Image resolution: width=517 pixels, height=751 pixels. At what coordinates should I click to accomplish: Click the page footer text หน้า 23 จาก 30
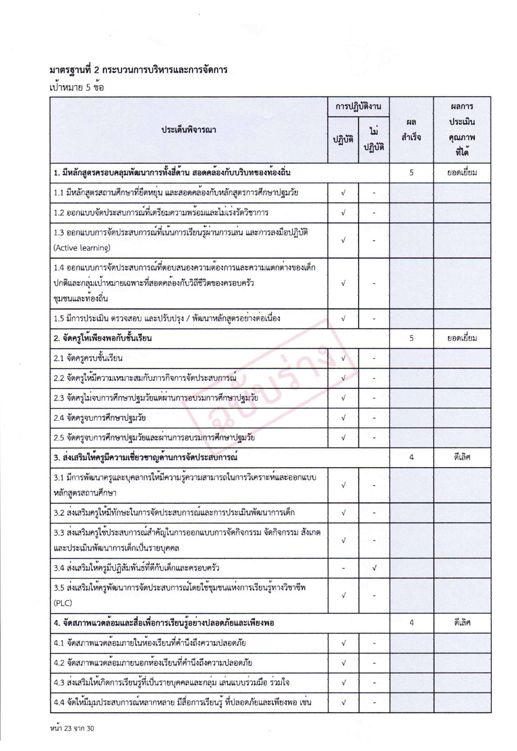coord(72,728)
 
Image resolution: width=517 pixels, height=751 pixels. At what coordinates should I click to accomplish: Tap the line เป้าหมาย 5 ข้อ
coord(77,87)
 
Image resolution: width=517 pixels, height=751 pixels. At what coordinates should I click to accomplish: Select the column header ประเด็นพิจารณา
coord(189,130)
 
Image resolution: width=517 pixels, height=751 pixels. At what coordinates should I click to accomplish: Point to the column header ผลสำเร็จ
coord(411,130)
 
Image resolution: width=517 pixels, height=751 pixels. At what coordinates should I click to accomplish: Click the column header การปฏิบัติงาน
coord(358,107)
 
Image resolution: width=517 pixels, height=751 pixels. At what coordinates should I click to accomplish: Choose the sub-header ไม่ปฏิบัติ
coord(374,139)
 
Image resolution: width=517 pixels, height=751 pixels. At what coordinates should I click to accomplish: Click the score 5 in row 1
coord(411,173)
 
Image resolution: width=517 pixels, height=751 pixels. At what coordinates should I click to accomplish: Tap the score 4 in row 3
coord(411,458)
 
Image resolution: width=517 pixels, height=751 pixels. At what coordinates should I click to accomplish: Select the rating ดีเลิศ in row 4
coord(462,623)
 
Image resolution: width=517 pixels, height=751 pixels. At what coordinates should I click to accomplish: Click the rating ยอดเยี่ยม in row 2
coord(462,338)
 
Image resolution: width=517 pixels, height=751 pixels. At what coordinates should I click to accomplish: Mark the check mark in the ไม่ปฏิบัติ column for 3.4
coord(374,568)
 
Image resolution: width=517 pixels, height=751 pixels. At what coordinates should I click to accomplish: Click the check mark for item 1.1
coord(343,192)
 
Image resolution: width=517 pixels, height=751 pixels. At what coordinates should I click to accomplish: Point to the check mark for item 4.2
coord(343,663)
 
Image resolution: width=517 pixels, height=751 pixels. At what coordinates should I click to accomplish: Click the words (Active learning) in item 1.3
coord(82,248)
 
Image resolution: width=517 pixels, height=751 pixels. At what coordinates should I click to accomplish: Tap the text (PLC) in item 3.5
coord(63,603)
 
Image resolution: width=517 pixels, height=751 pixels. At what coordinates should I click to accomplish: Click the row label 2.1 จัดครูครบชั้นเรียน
coord(88,358)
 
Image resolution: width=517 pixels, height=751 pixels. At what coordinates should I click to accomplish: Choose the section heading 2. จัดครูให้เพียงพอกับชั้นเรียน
coord(102,338)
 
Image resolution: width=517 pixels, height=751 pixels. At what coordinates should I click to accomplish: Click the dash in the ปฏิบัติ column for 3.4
coord(343,568)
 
